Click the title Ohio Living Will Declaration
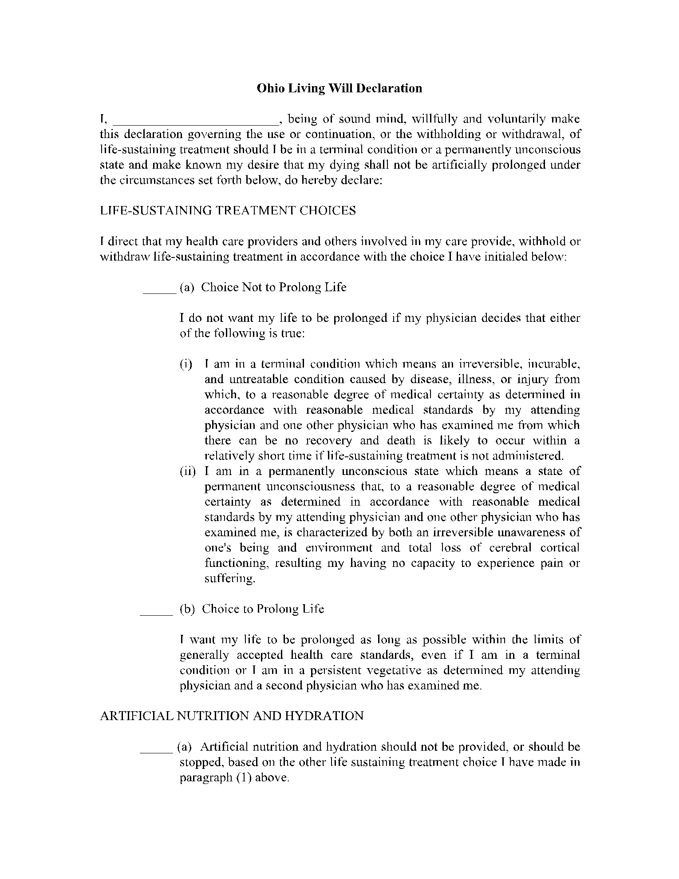(x=339, y=88)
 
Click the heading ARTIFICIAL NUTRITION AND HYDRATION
(x=232, y=716)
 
